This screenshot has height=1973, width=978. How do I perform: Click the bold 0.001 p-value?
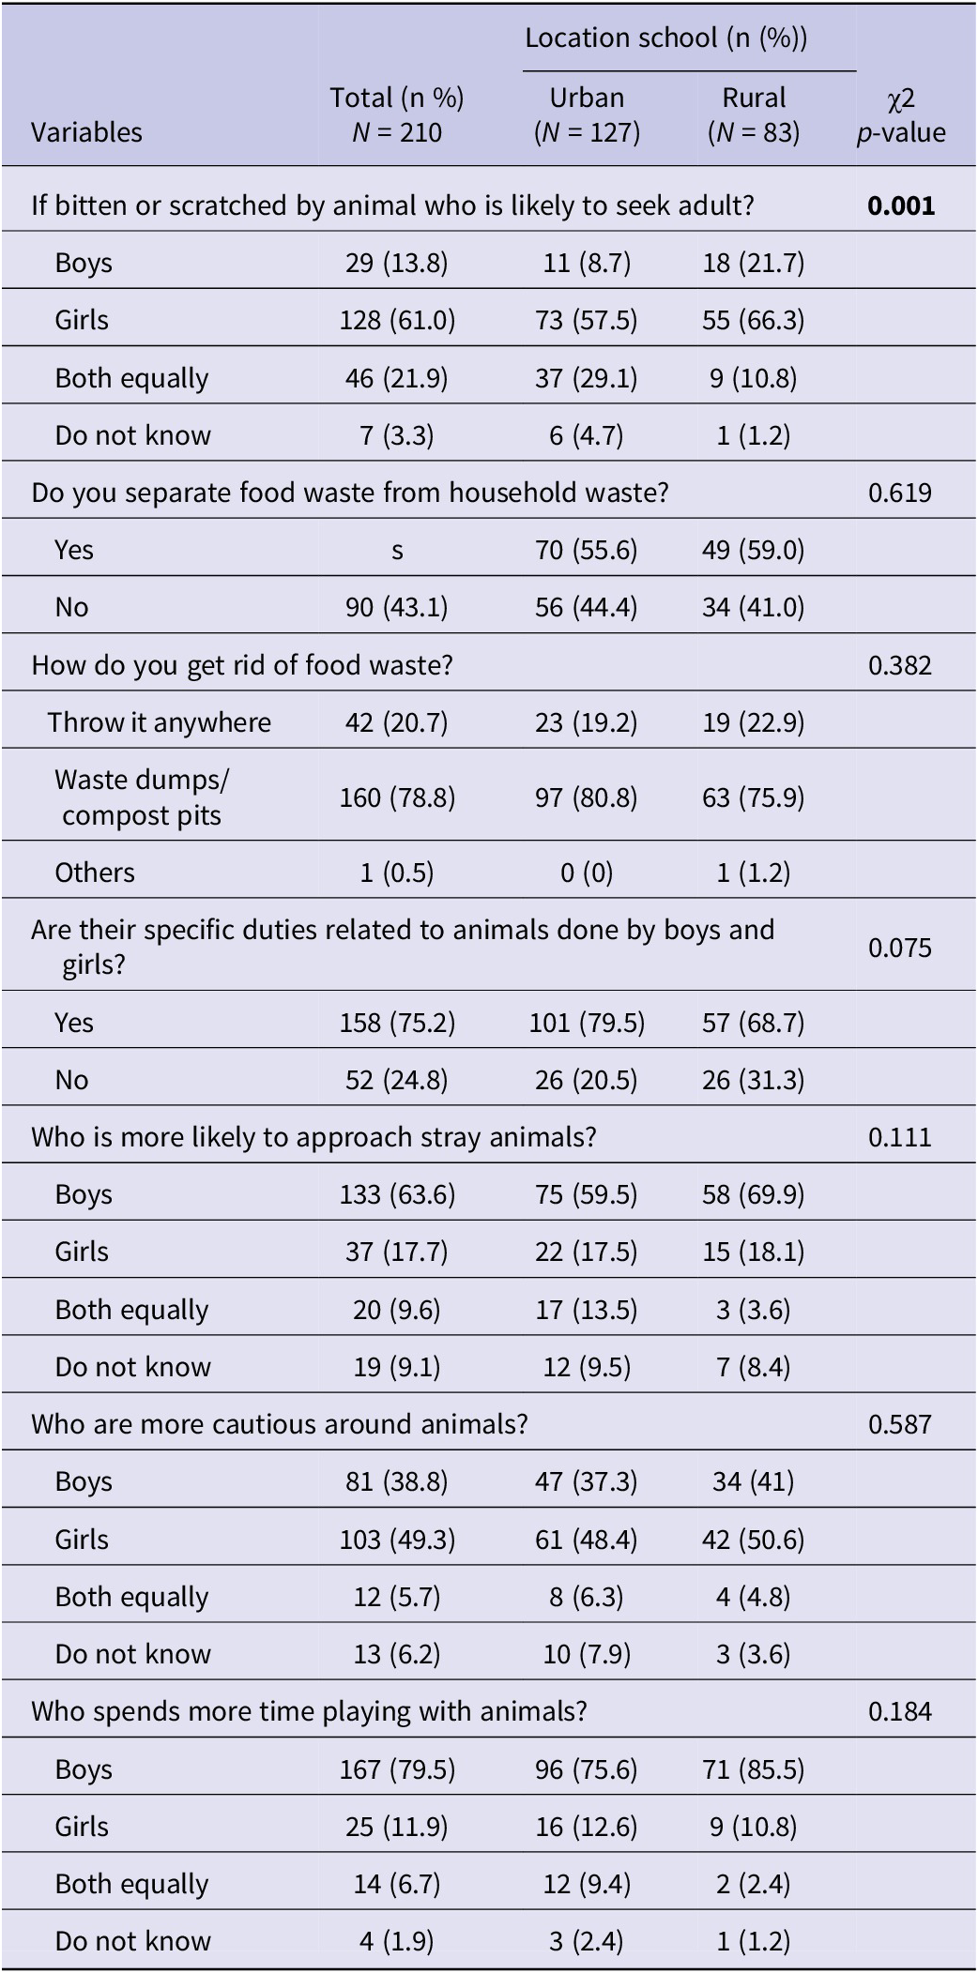pos(901,205)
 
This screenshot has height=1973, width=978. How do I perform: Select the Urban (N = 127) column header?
pos(587,114)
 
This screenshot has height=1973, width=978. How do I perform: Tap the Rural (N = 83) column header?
pos(754,114)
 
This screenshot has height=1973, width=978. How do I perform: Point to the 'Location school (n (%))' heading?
pos(665,38)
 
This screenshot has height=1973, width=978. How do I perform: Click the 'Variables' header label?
pos(86,132)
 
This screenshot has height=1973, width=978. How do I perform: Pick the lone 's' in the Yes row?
pos(397,551)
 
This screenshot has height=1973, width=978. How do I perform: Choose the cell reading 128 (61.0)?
pos(397,320)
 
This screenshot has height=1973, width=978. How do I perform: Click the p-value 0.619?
pos(900,493)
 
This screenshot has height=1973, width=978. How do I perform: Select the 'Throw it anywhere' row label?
pos(160,722)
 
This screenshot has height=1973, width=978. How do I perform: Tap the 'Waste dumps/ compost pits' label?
pos(142,797)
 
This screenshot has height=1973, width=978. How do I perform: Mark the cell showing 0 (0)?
pos(587,873)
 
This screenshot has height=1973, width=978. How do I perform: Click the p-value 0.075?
pos(900,948)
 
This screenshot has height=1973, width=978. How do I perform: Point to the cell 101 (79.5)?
pos(587,1023)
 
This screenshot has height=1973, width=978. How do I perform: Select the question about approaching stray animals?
pos(313,1137)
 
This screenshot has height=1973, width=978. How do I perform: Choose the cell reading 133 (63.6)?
pos(397,1194)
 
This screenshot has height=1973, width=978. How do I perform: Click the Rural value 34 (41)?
pos(754,1481)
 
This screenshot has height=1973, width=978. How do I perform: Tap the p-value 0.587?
pos(900,1424)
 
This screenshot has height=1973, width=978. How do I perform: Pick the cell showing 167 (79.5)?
pos(397,1769)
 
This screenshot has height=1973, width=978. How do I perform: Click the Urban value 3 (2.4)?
pos(587,1941)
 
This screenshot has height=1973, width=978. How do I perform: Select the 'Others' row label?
pos(95,873)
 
